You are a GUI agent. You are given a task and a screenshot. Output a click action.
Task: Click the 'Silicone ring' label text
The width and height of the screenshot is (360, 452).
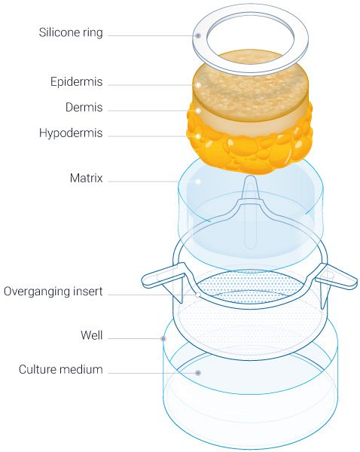tap(71, 32)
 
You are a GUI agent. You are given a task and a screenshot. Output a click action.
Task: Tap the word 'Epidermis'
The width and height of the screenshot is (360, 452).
tap(76, 82)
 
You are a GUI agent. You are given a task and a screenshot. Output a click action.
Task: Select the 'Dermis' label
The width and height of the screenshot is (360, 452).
tap(84, 107)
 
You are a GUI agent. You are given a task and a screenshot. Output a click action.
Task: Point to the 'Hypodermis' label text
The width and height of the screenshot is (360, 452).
tap(71, 133)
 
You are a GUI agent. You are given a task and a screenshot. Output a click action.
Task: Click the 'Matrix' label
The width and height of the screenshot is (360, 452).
tap(86, 178)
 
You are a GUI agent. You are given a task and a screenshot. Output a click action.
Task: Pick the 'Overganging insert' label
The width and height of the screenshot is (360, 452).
tap(53, 292)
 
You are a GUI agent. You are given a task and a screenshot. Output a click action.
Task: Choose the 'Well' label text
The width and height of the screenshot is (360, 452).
tap(91, 335)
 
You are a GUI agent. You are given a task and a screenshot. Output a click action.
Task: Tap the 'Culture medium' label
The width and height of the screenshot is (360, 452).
tap(60, 370)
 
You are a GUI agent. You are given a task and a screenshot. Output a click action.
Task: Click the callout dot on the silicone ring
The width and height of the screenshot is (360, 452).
tap(198, 35)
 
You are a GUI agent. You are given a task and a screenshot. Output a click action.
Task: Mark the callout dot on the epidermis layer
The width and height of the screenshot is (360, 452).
tap(198, 85)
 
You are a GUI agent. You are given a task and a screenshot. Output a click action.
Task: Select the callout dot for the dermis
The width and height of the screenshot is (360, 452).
tap(198, 111)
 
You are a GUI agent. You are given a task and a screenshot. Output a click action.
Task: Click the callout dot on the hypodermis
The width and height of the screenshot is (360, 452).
tap(198, 136)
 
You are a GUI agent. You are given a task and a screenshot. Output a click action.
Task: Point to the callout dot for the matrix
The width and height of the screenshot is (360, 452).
tap(198, 182)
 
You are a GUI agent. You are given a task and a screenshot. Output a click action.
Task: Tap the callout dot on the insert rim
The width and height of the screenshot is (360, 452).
tap(198, 295)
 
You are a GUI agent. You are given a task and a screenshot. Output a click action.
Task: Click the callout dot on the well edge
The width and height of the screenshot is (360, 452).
tap(163, 338)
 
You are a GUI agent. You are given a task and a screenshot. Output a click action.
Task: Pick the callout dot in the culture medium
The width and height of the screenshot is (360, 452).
tap(198, 373)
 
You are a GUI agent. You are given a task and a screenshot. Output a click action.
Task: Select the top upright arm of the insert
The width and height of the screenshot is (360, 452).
tap(250, 191)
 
